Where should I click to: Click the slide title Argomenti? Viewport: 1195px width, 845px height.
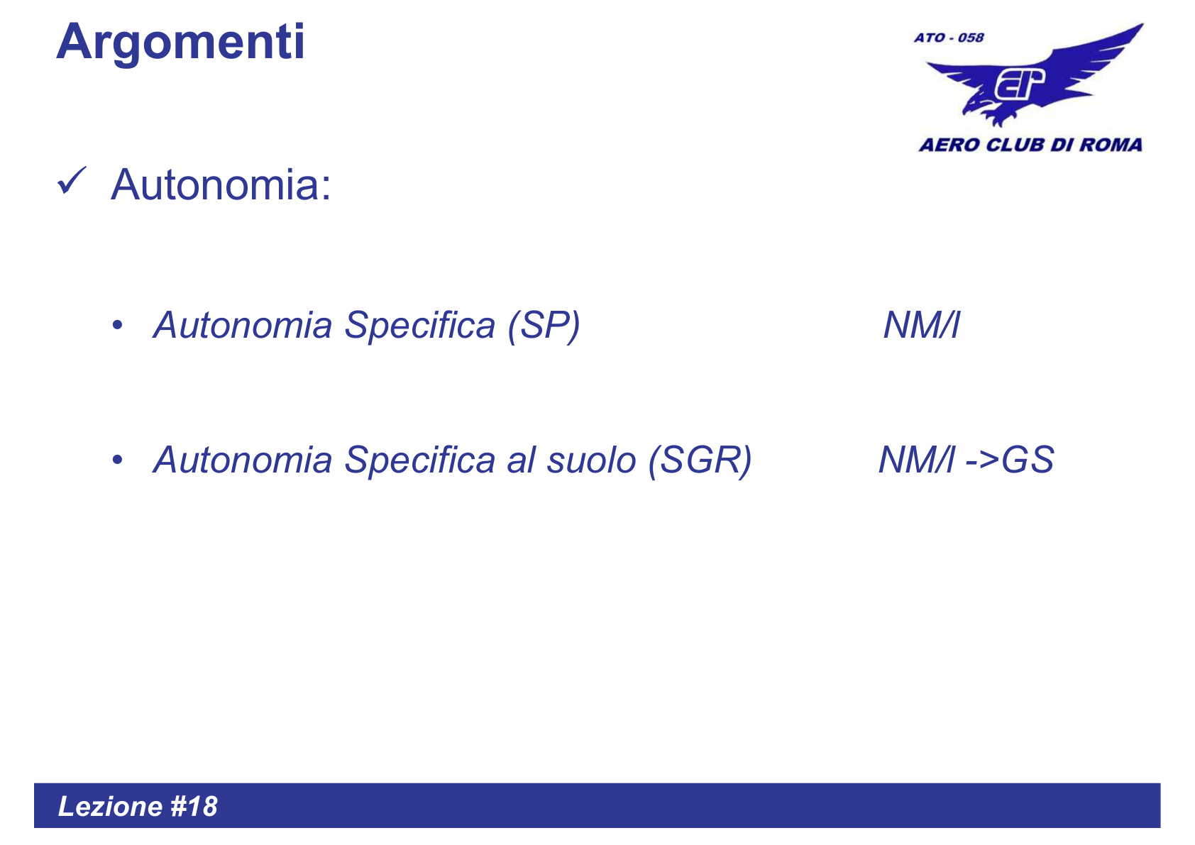pyautogui.click(x=180, y=43)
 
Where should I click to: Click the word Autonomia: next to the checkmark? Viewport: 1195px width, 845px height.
pyautogui.click(x=221, y=185)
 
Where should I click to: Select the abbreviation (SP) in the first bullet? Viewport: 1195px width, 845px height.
pyautogui.click(x=544, y=326)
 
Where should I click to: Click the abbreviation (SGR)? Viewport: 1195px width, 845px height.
pyautogui.click(x=699, y=460)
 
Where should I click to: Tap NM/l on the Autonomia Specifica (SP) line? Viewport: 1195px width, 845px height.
pyautogui.click(x=921, y=326)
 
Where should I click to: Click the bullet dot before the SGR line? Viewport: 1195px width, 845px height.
pyautogui.click(x=118, y=460)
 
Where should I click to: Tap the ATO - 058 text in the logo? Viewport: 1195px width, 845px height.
pyautogui.click(x=949, y=38)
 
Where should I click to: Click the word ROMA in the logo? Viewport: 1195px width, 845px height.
pyautogui.click(x=1111, y=145)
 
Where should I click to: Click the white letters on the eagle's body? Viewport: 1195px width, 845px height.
pyautogui.click(x=1019, y=84)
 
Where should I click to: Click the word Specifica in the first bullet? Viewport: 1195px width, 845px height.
pyautogui.click(x=419, y=326)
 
